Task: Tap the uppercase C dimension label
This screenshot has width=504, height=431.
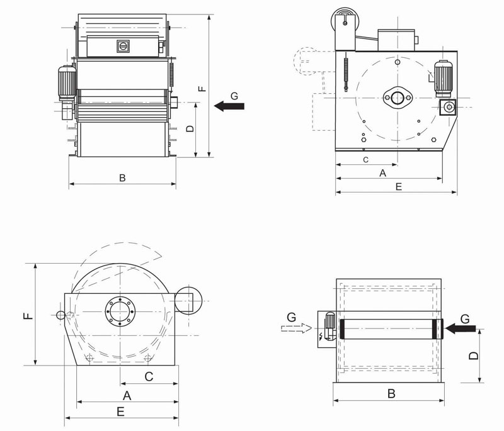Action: [x=149, y=376]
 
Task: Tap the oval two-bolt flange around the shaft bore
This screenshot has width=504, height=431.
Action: [x=398, y=97]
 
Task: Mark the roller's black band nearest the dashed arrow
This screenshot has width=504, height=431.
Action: [x=341, y=329]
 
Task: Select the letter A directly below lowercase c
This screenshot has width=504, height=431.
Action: [x=382, y=173]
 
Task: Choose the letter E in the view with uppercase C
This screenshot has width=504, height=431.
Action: [x=121, y=411]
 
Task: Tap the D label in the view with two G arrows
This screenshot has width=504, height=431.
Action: [x=474, y=355]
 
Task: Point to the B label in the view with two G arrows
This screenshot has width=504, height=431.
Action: [x=391, y=394]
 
